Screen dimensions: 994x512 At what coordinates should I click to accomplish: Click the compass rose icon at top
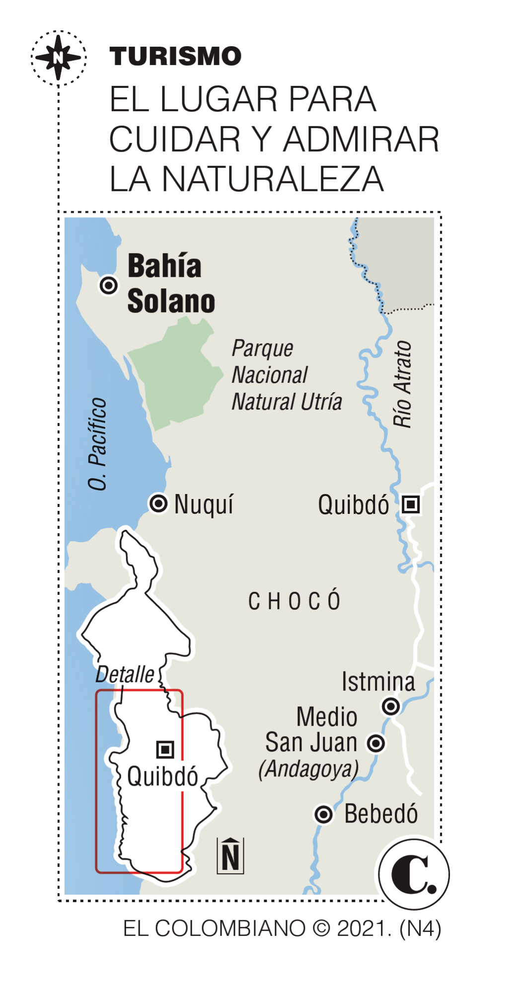tap(59, 58)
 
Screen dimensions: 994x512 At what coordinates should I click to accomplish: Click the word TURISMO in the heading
tap(175, 56)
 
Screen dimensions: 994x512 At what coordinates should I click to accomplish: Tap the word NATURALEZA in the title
tap(273, 179)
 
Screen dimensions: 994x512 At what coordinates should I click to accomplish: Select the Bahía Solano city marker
tap(109, 285)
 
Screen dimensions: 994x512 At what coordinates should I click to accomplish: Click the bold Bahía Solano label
tap(170, 284)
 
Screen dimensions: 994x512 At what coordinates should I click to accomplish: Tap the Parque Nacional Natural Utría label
tap(287, 375)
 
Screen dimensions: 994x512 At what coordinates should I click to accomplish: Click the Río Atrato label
tap(402, 384)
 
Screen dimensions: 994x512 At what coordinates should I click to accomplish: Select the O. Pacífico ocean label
tap(97, 444)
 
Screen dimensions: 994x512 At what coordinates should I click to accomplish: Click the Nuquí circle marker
tap(158, 504)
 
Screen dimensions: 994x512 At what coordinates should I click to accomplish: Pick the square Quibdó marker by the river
tap(411, 504)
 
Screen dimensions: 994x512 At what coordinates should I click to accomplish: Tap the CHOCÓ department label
tap(294, 601)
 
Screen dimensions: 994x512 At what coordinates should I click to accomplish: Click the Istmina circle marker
tap(391, 706)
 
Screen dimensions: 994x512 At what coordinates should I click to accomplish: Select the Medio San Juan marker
tap(376, 744)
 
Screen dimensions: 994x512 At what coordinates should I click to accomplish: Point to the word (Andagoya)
tap(308, 769)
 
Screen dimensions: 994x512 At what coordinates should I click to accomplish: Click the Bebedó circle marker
tap(324, 814)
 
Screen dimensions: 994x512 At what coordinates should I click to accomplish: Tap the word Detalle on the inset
tap(125, 675)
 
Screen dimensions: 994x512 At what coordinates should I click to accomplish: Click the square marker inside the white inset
tap(165, 749)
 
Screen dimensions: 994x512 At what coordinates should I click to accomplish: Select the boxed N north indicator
tap(230, 856)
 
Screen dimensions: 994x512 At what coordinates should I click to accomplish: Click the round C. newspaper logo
tap(414, 874)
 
